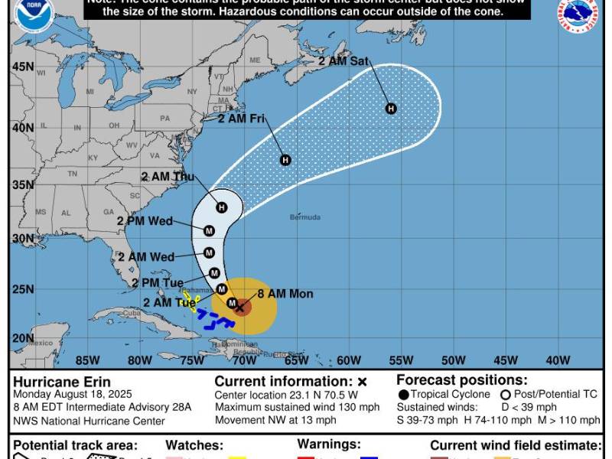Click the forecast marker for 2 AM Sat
click(x=391, y=109)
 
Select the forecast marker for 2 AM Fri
click(x=285, y=160)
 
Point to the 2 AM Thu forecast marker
click(x=222, y=207)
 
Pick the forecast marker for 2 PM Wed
click(x=209, y=231)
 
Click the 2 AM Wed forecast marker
click(x=209, y=253)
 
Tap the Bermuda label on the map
click(x=305, y=217)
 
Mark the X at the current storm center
click(x=240, y=308)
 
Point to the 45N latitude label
click(x=22, y=67)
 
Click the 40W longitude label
click(x=558, y=360)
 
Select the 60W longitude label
click(x=348, y=360)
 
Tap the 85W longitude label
click(x=88, y=360)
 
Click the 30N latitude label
click(x=22, y=238)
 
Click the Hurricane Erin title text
click(x=61, y=382)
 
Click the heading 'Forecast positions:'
click(x=462, y=379)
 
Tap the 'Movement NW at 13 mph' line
click(x=275, y=420)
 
